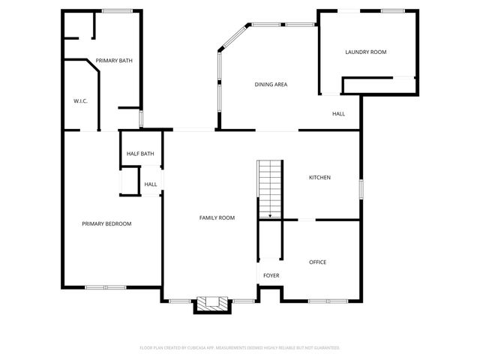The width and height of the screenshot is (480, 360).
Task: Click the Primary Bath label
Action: pyautogui.click(x=114, y=61)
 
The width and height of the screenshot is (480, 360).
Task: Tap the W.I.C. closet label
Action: pyautogui.click(x=81, y=100)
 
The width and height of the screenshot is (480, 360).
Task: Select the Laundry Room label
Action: pyautogui.click(x=366, y=52)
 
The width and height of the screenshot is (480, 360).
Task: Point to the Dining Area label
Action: pyautogui.click(x=271, y=85)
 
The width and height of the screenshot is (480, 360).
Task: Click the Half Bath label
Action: pyautogui.click(x=140, y=154)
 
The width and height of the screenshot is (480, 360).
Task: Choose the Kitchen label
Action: pyautogui.click(x=320, y=178)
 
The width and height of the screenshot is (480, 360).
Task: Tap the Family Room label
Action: pyautogui.click(x=217, y=218)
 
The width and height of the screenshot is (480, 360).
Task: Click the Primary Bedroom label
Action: pyautogui.click(x=106, y=223)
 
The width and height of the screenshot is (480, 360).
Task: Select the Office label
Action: pyautogui.click(x=318, y=262)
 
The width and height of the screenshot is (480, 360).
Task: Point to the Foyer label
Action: pyautogui.click(x=271, y=275)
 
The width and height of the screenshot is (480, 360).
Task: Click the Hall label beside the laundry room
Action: pyautogui.click(x=339, y=114)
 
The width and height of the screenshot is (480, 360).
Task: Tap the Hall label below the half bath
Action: pyautogui.click(x=151, y=184)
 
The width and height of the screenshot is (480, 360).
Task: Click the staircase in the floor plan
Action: pyautogui.click(x=270, y=187)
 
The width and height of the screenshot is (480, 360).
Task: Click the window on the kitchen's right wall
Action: pyautogui.click(x=361, y=188)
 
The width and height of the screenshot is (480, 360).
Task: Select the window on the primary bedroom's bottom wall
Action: pyautogui.click(x=105, y=287)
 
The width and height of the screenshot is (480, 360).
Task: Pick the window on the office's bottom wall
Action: pyautogui.click(x=328, y=301)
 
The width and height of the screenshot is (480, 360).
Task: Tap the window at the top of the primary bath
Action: pyautogui.click(x=117, y=10)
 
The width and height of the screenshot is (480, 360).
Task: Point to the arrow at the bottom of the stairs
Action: pyautogui.click(x=270, y=216)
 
